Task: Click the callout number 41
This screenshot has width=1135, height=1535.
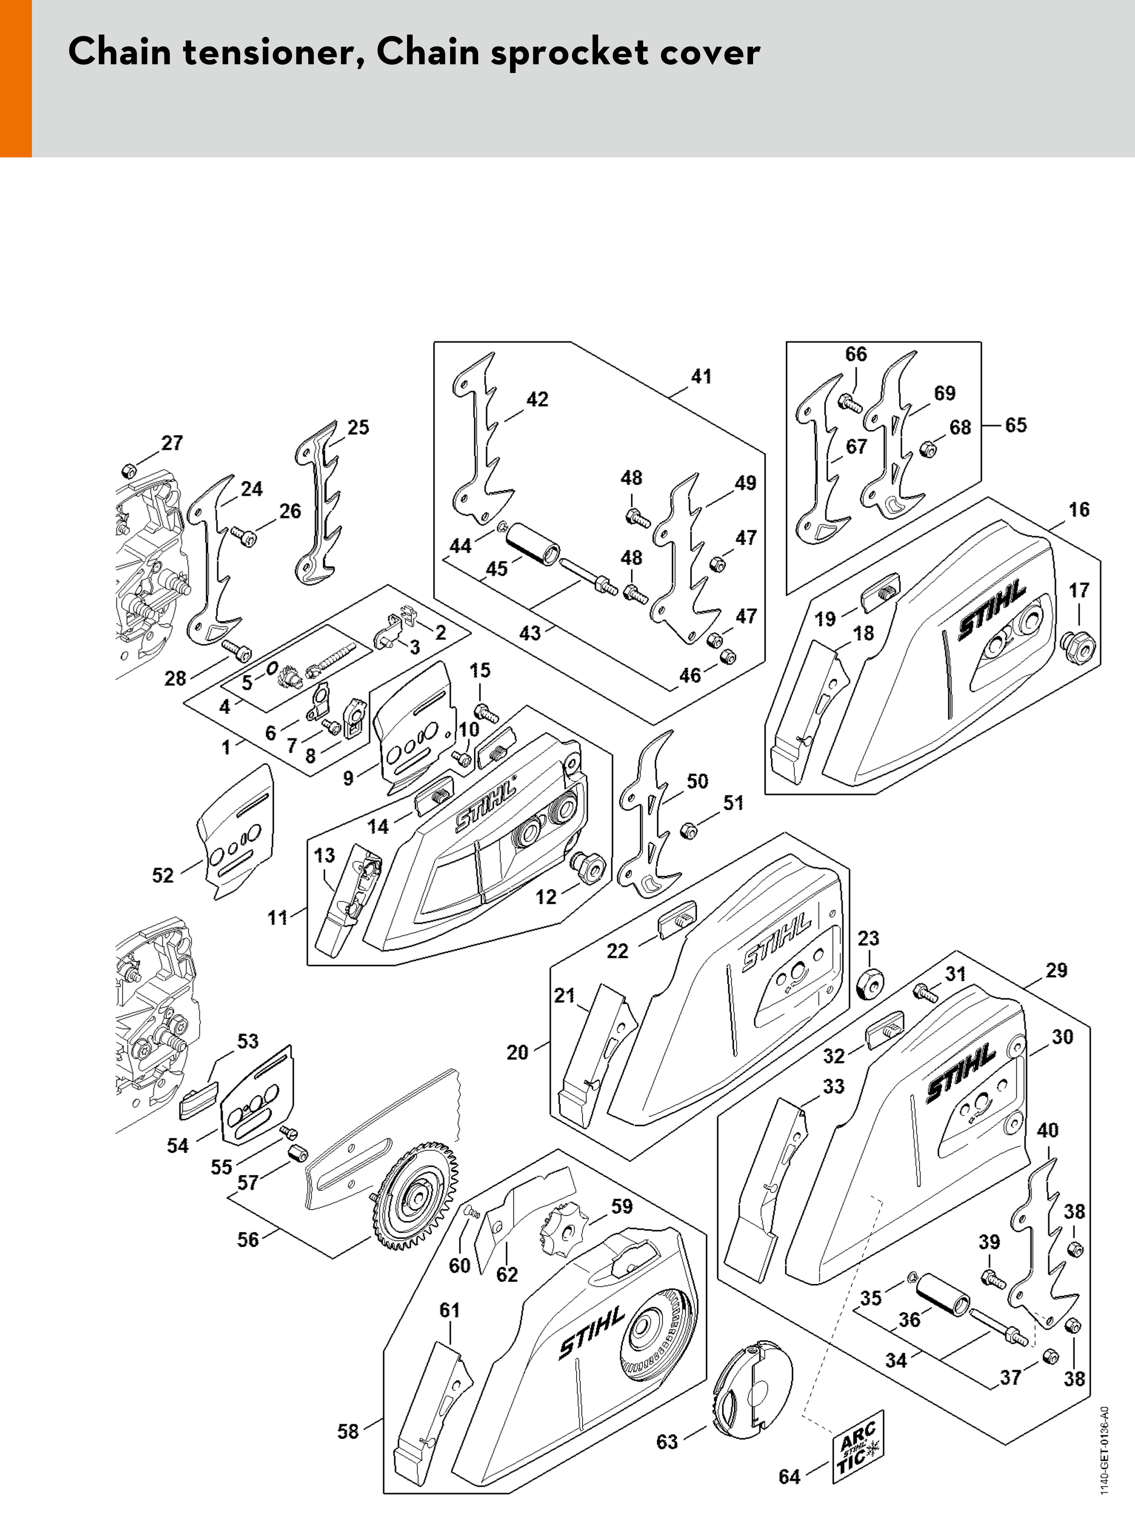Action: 701,377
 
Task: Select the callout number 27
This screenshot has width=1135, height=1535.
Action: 172,443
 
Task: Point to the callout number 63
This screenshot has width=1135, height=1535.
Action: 666,1442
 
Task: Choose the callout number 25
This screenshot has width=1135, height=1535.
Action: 358,427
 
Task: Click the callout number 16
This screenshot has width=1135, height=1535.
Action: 1079,509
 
